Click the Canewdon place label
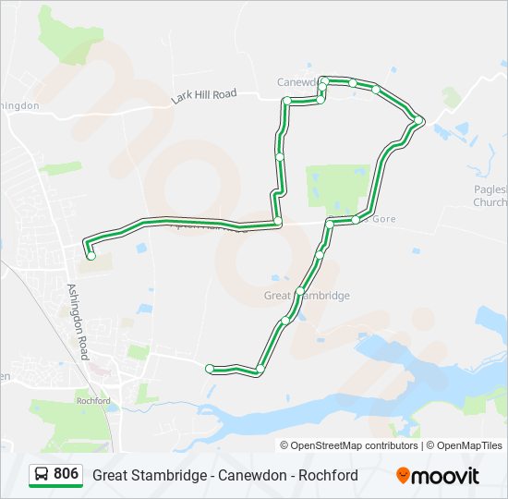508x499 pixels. (296, 81)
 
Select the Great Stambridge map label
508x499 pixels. (307, 296)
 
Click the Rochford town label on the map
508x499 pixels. (94, 400)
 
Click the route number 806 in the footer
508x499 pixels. (66, 474)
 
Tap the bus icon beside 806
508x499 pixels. (42, 475)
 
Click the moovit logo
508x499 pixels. (438, 476)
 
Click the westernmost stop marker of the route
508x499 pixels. (91, 256)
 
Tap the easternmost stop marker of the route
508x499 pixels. (418, 119)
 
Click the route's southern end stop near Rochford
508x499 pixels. (210, 369)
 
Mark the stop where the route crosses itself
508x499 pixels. (278, 222)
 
